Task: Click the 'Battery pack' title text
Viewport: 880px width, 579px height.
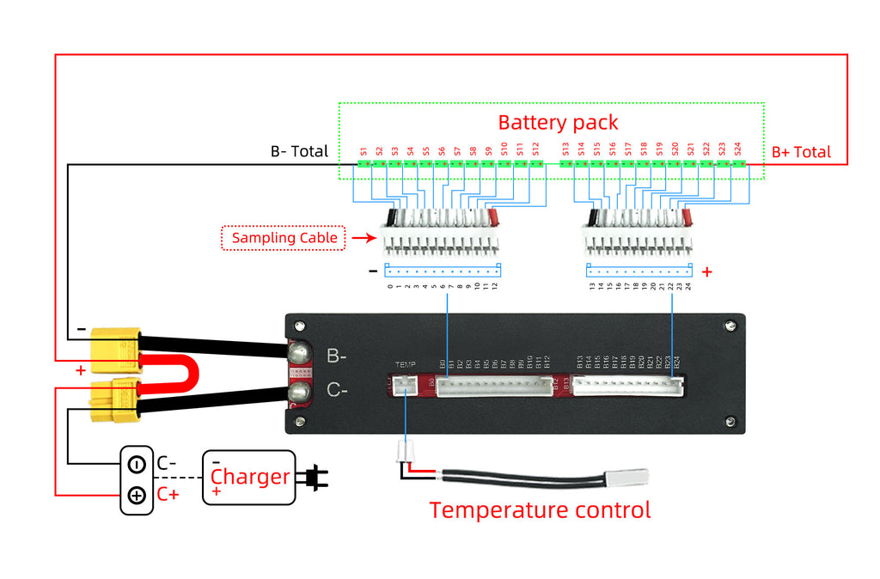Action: click(558, 122)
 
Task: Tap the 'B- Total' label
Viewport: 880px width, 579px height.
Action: click(299, 151)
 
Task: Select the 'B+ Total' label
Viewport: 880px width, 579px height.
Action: click(801, 152)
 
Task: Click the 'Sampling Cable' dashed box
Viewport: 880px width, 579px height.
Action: click(284, 238)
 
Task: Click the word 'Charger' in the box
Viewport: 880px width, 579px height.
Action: click(250, 477)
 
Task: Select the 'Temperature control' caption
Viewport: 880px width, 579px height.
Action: click(540, 510)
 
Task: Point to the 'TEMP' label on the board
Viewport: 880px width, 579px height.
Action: click(405, 365)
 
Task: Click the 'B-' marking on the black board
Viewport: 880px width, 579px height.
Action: click(337, 354)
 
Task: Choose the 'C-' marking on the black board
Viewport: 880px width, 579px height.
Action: click(337, 391)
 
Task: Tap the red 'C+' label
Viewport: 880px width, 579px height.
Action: click(168, 495)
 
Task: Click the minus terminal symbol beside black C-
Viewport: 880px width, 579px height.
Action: click(137, 465)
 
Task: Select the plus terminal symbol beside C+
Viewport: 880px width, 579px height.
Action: click(137, 496)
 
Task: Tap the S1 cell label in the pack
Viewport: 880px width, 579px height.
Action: click(364, 150)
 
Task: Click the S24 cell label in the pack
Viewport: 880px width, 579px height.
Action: click(737, 150)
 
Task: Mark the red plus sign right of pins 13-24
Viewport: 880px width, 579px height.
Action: click(706, 272)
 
